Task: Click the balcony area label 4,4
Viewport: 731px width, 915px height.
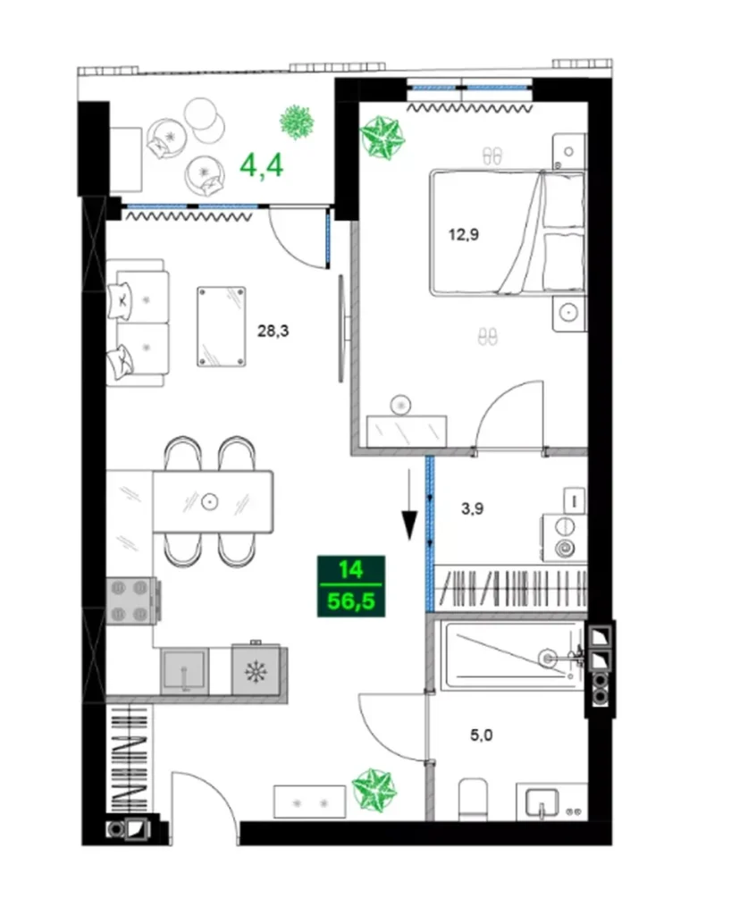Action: tap(263, 165)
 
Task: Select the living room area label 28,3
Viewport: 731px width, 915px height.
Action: tap(272, 331)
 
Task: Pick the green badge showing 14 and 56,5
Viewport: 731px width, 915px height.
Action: tap(350, 586)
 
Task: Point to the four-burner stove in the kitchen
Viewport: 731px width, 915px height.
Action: tap(131, 600)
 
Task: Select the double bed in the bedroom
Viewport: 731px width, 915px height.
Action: tap(507, 233)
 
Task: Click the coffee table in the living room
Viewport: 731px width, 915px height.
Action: tap(221, 326)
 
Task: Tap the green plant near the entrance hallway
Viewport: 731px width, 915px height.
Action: tap(374, 788)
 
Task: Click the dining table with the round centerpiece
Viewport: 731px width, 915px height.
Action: tap(213, 501)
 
